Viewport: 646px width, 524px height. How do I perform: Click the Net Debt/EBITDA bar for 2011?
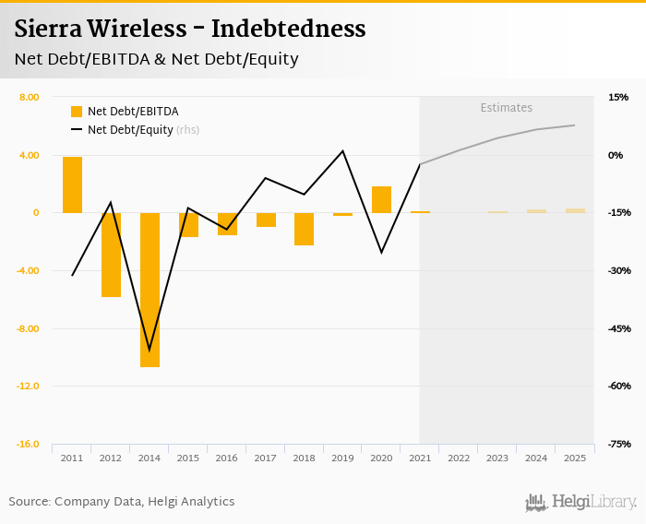point(72,185)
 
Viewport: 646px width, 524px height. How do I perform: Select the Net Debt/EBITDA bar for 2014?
point(150,290)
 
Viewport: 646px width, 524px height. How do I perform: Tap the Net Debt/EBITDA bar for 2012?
point(111,255)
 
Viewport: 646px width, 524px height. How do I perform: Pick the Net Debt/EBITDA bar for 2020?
point(381,199)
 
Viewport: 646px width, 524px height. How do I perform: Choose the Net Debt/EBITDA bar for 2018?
point(304,229)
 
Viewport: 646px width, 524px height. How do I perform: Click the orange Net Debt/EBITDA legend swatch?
point(77,112)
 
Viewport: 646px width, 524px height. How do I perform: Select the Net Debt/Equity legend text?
point(130,130)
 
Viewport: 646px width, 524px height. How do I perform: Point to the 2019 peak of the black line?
point(342,150)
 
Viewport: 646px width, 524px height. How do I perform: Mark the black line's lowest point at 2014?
point(150,351)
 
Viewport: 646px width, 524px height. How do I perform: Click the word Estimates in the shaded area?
point(506,108)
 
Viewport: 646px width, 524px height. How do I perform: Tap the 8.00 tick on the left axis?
point(29,97)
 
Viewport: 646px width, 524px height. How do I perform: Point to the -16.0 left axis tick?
point(27,444)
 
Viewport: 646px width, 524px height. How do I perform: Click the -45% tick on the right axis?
point(618,328)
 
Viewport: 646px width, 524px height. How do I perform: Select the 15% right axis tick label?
point(617,97)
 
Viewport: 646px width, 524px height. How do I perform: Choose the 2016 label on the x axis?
point(226,458)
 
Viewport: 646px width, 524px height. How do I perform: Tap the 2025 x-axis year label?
point(575,458)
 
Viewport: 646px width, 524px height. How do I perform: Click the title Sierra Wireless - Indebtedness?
point(190,29)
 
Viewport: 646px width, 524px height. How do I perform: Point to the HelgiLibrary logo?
point(580,502)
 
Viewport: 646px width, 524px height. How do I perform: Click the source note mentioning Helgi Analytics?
point(122,501)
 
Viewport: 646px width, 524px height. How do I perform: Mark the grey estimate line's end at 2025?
point(575,125)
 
